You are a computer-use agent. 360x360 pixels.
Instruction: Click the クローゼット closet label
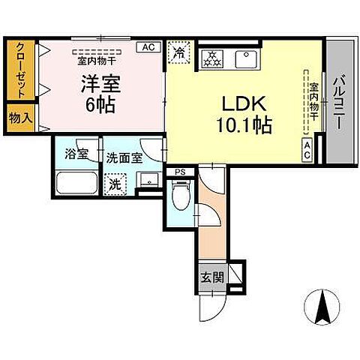pyautogui.click(x=20, y=70)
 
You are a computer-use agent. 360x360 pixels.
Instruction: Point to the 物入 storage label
pyautogui.click(x=19, y=117)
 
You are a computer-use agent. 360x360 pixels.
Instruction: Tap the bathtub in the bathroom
pyautogui.click(x=77, y=184)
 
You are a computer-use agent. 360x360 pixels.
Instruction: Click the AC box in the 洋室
pyautogui.click(x=148, y=46)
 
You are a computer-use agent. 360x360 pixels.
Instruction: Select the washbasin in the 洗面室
pyautogui.click(x=147, y=180)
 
